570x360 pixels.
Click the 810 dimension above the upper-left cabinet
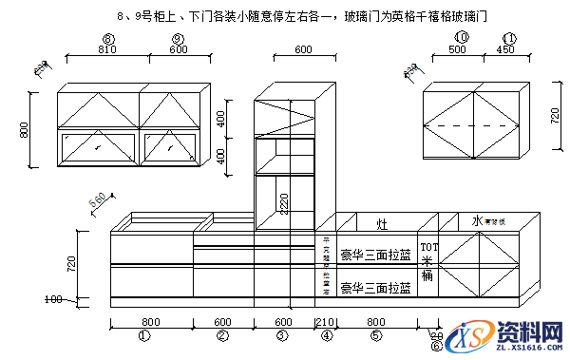tap(107, 49)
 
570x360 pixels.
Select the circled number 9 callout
tap(178, 38)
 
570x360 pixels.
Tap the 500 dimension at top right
tap(458, 49)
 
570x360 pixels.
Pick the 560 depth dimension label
tap(97, 201)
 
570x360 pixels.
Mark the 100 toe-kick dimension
tap(53, 300)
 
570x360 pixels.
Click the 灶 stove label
tap(381, 224)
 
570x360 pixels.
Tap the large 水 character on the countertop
tap(476, 220)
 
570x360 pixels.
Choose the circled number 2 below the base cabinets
tap(223, 335)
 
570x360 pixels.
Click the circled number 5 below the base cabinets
tap(376, 335)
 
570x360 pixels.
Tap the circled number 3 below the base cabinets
tap(282, 335)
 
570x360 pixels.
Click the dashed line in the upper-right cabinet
tap(472, 125)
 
